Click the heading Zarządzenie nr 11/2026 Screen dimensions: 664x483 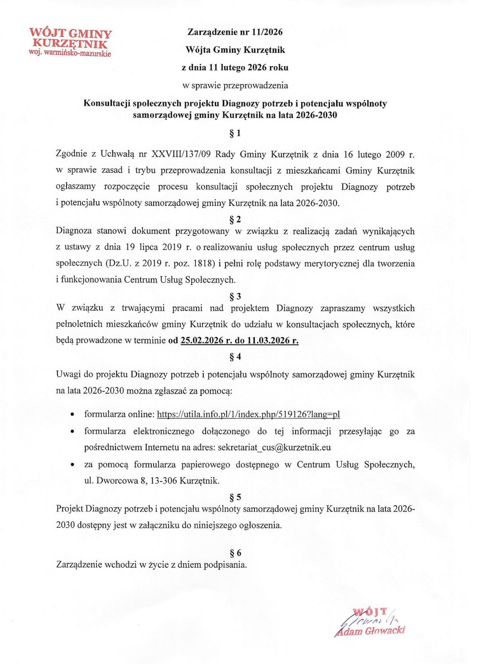235,32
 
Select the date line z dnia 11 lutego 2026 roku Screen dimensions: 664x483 235,67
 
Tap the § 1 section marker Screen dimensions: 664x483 235,133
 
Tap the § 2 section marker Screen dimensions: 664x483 235,219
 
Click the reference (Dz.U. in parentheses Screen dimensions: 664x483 118,263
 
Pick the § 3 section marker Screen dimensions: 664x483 235,296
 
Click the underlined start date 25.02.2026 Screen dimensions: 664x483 202,341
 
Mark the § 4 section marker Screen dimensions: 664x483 235,357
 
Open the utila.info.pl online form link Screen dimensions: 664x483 248,414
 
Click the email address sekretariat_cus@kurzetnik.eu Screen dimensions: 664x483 274,447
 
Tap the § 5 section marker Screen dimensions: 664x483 235,497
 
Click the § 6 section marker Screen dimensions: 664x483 235,553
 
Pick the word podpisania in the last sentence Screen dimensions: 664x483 224,565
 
